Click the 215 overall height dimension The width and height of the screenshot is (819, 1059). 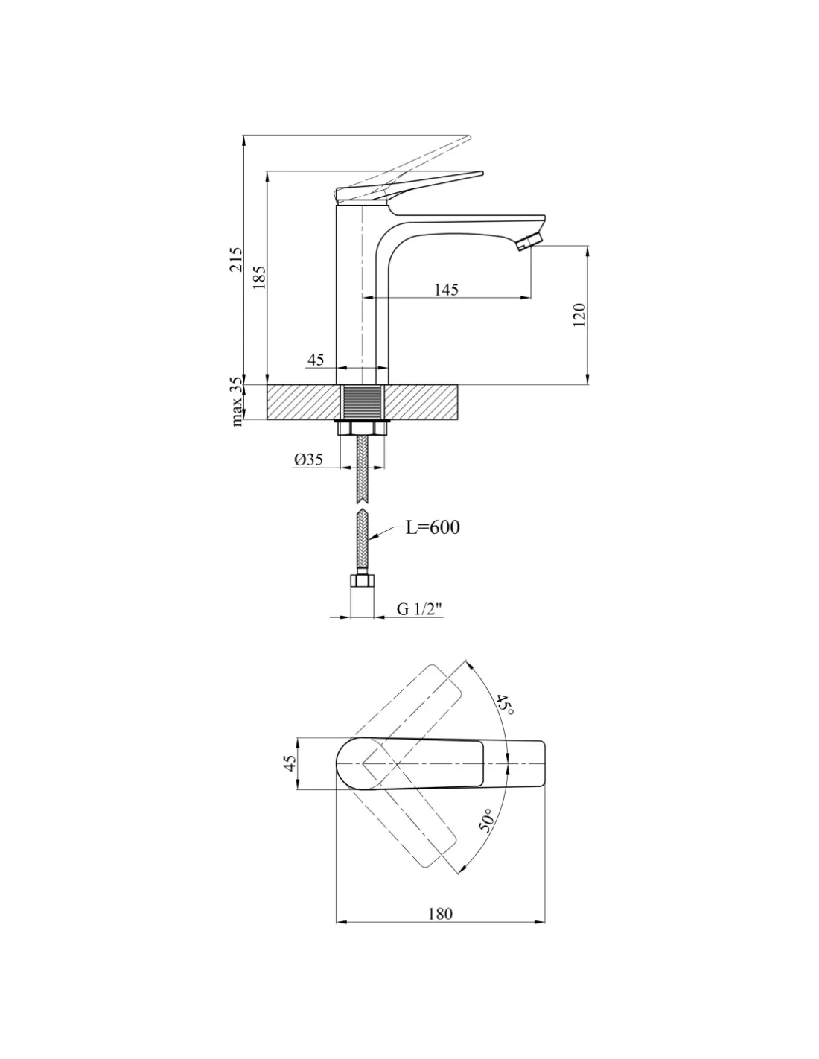[235, 260]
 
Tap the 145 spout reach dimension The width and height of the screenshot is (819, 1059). [446, 290]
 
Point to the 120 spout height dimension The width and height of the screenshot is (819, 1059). [579, 315]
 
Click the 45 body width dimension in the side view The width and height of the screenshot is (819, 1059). [316, 360]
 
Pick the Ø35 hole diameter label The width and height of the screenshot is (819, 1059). [308, 459]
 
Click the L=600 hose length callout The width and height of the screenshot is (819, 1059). [433, 527]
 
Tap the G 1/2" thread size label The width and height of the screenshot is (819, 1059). [419, 608]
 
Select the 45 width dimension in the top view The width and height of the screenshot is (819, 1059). [290, 763]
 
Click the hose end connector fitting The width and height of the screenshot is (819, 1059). [363, 580]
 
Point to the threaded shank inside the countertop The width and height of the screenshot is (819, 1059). [362, 401]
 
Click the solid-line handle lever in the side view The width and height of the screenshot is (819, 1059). [409, 187]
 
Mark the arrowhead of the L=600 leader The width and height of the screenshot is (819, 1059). [372, 538]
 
